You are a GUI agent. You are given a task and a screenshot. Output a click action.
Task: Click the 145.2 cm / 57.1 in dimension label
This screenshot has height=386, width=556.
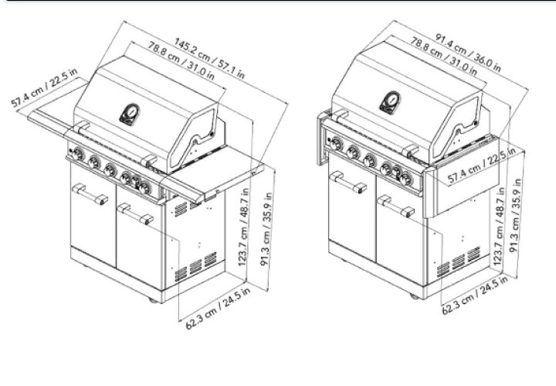tap(209, 58)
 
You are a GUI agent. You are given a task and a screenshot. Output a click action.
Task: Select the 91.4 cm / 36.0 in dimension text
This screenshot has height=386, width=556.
tap(468, 53)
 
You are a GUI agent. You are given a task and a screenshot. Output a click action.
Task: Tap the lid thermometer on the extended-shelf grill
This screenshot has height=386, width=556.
tap(130, 114)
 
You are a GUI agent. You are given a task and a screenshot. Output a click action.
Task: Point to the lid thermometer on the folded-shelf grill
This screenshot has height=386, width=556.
tap(390, 103)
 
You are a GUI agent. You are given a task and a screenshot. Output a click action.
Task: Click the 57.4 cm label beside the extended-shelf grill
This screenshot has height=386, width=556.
tap(44, 87)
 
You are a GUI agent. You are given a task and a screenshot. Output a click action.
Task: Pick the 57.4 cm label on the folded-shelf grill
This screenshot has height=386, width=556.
tap(482, 165)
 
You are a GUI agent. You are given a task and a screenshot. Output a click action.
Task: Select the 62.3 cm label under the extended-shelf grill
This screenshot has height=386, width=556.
tap(218, 308)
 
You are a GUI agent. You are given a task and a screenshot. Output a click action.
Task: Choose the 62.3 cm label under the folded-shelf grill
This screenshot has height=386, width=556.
tap(474, 295)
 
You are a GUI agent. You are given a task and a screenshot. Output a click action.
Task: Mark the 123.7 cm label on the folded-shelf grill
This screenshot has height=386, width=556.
tap(499, 226)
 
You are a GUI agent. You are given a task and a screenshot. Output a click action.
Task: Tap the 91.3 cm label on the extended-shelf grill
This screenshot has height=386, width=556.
tap(266, 229)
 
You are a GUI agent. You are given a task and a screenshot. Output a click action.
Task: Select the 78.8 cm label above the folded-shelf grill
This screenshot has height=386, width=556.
tap(444, 56)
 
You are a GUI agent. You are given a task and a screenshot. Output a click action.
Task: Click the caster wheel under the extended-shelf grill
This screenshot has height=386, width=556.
tap(154, 300)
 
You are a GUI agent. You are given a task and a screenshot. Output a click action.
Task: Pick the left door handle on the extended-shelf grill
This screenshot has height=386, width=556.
tap(90, 194)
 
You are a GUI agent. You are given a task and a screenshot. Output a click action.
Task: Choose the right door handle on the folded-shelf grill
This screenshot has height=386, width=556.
tap(395, 207)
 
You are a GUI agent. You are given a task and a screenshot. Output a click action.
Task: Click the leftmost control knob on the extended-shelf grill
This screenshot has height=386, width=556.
tap(78, 155)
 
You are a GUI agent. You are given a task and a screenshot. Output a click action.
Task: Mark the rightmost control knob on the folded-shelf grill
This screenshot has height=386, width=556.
tap(405, 179)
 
